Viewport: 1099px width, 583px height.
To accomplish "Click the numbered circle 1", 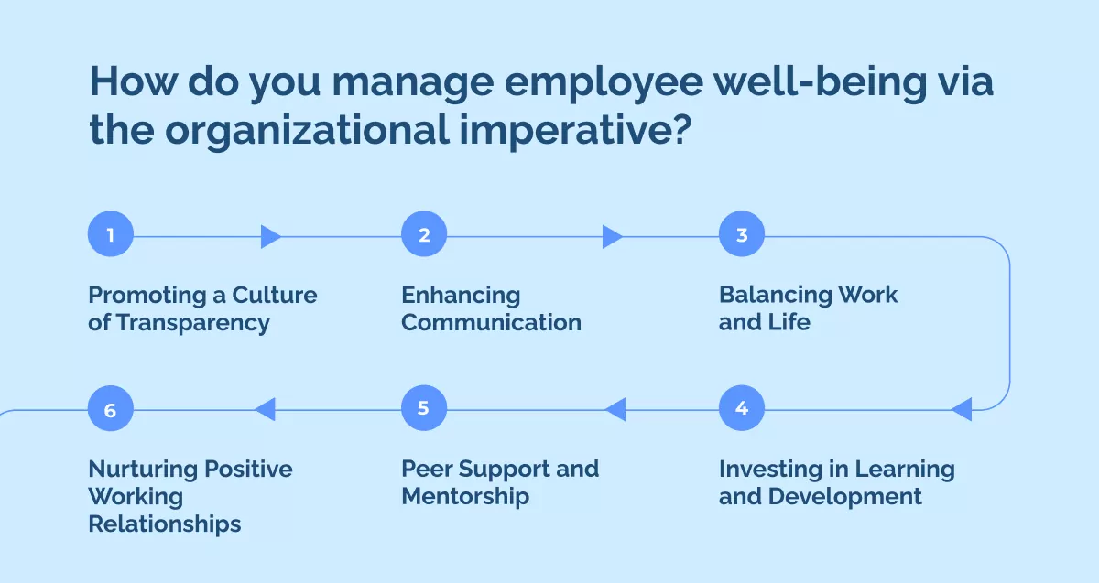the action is (x=111, y=234).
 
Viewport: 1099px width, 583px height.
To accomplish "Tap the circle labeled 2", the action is (x=424, y=234).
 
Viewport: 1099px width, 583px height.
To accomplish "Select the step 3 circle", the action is (x=741, y=234).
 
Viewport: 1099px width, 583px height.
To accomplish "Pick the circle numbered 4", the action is (x=741, y=408).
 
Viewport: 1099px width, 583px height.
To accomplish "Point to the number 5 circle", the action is (x=424, y=408).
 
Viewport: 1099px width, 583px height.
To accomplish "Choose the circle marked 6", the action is (x=111, y=408).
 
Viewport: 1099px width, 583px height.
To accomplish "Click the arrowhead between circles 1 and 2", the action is (x=270, y=237).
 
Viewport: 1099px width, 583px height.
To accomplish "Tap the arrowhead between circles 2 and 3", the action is (x=613, y=237).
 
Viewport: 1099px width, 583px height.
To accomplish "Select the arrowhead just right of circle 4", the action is (x=962, y=409).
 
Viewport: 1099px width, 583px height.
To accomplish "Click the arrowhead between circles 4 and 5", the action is (x=615, y=409).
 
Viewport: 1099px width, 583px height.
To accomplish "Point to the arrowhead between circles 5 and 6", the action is (x=266, y=409).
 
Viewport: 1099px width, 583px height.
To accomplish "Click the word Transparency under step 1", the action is (x=193, y=324).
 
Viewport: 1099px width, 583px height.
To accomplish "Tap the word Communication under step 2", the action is (x=491, y=323).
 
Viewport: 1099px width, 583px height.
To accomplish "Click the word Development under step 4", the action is (x=844, y=498).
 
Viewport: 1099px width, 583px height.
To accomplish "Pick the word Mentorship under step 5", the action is (x=465, y=498).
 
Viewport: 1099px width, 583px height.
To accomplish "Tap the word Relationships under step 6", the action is (x=164, y=525).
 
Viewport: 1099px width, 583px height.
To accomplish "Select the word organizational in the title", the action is (x=307, y=131).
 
